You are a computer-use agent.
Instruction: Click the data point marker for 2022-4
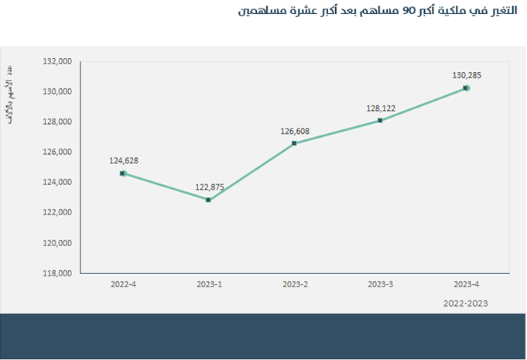pyautogui.click(x=122, y=173)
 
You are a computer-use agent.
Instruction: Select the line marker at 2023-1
pyautogui.click(x=208, y=200)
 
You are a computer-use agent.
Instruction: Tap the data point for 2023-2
pyautogui.click(x=294, y=143)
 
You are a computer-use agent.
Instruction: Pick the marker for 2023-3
pyautogui.click(x=380, y=121)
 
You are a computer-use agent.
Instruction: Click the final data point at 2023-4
pyautogui.click(x=466, y=88)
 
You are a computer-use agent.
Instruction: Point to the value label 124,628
pyautogui.click(x=124, y=161)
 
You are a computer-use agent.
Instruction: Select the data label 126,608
pyautogui.click(x=295, y=131)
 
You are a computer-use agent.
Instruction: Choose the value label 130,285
pyautogui.click(x=467, y=76)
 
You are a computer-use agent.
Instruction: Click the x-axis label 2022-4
pyautogui.click(x=123, y=285)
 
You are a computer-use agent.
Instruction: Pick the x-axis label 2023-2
pyautogui.click(x=295, y=285)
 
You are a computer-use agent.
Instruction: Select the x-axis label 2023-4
pyautogui.click(x=466, y=285)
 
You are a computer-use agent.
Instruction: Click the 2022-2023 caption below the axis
pyautogui.click(x=466, y=303)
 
